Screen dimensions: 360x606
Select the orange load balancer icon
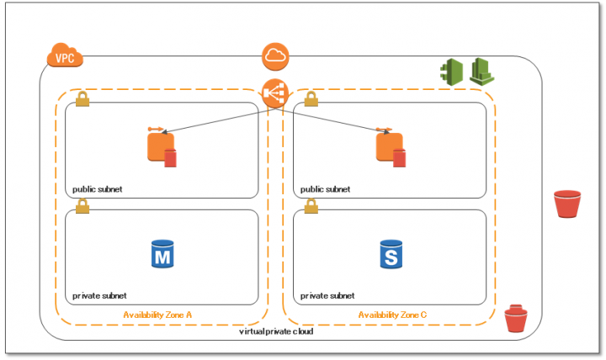point(276,92)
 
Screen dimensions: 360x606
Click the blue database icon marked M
point(162,253)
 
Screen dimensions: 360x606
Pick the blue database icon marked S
point(391,253)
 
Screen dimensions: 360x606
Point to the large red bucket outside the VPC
point(567,204)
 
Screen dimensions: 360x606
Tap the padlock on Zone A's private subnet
point(82,205)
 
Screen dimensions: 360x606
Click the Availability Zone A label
point(158,315)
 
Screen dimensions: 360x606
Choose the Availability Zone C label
point(392,315)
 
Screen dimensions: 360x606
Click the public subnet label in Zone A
point(97,189)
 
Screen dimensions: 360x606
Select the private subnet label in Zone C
point(327,296)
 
